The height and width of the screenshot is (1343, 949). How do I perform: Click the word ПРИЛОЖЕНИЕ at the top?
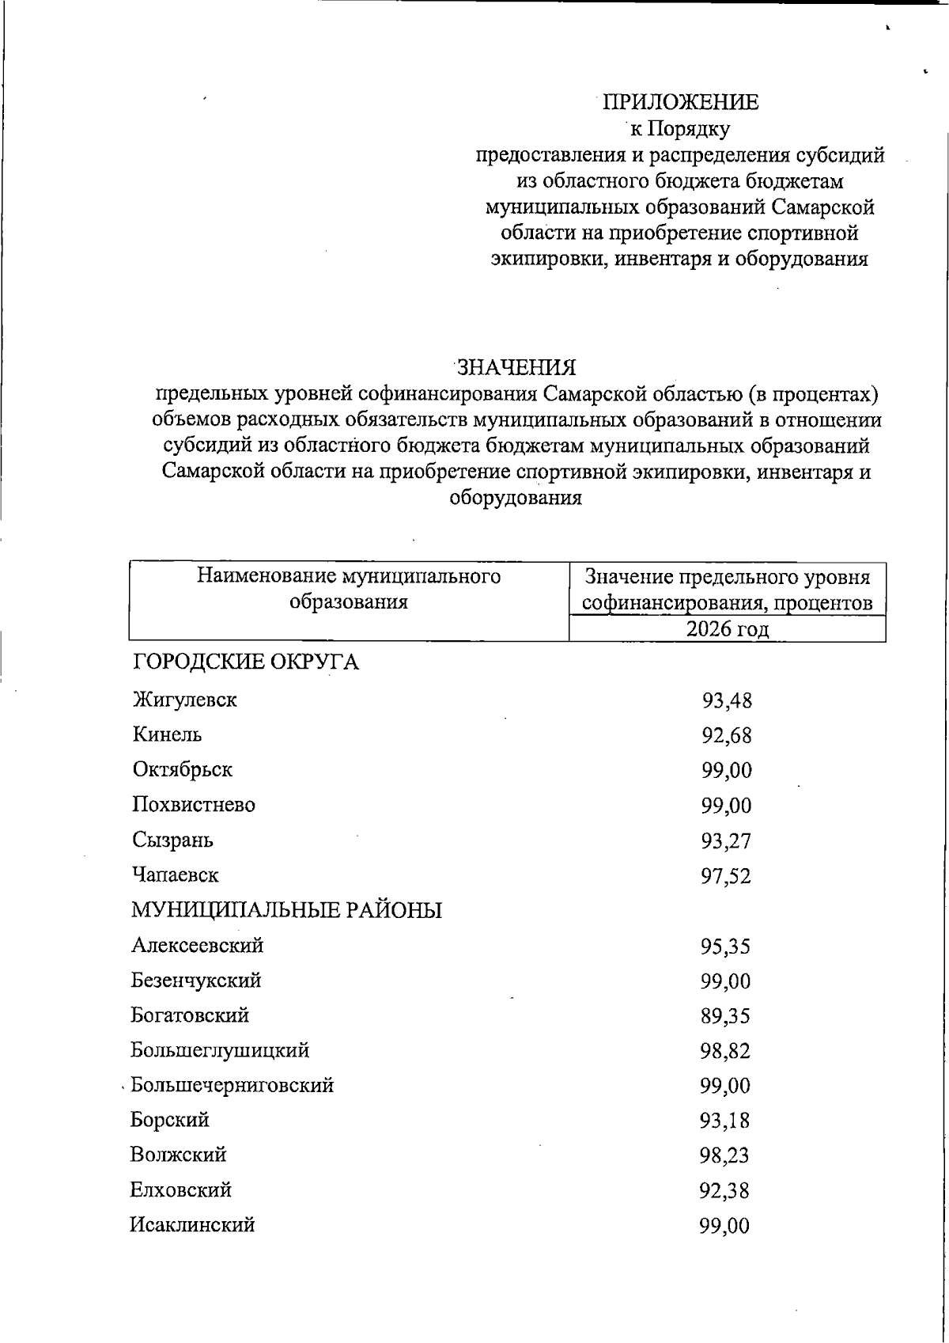680,102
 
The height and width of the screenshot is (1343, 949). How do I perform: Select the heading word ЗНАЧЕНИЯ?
516,367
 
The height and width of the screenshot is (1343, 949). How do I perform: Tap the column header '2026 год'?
727,629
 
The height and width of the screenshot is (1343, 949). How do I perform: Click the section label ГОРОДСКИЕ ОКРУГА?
245,662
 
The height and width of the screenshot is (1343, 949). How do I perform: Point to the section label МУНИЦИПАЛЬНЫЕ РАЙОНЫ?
286,910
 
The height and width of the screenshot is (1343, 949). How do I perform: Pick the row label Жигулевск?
185,700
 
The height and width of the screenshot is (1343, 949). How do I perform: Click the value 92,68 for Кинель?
726,735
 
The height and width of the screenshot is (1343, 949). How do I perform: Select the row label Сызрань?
172,840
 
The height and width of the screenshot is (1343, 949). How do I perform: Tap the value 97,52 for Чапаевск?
726,875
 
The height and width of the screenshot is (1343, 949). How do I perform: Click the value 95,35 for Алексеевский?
725,946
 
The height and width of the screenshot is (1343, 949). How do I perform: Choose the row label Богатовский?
190,1015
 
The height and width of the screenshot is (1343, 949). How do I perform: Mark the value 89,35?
725,1015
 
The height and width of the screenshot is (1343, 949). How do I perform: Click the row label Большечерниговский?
232,1084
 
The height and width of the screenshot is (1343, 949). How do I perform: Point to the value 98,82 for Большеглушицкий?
725,1051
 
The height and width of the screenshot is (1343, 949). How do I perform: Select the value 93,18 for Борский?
725,1121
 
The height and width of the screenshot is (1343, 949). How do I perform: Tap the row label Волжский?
179,1155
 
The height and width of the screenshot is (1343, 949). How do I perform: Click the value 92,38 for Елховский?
725,1190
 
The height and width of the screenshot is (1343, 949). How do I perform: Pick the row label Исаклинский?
193,1225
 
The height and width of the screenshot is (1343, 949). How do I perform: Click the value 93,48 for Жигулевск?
726,700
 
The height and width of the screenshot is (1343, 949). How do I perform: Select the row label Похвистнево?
194,805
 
